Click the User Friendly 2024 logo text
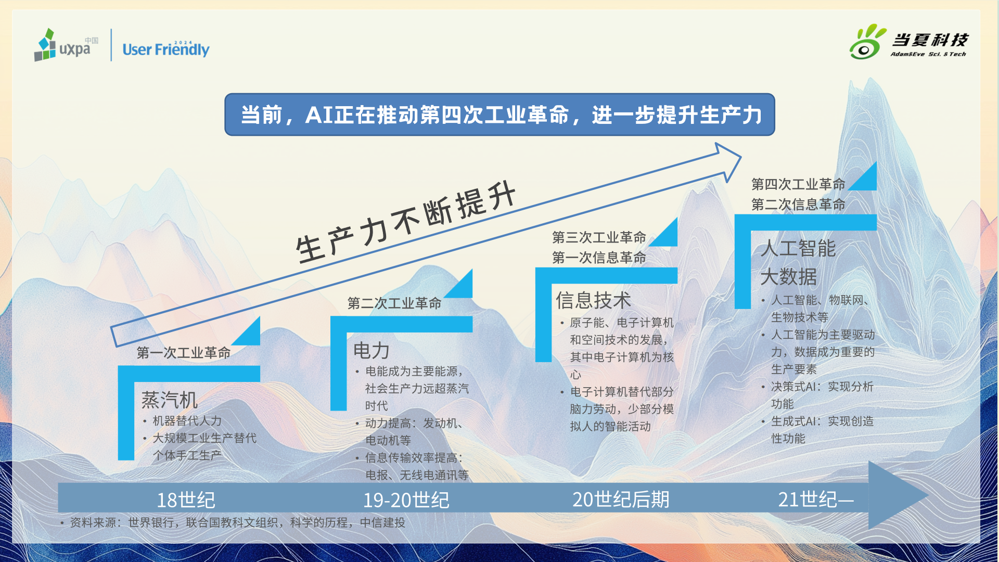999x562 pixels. pyautogui.click(x=166, y=48)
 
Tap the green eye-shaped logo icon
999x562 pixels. pyautogui.click(x=867, y=42)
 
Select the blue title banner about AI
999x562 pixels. pyautogui.click(x=499, y=114)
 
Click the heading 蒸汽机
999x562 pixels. pyautogui.click(x=170, y=400)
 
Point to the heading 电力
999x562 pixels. pyautogui.click(x=372, y=351)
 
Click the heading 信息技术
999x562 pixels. pyautogui.click(x=593, y=300)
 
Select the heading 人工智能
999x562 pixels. pyautogui.click(x=798, y=248)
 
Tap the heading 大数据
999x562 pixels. pyautogui.click(x=789, y=276)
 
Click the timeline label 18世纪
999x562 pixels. pyautogui.click(x=186, y=500)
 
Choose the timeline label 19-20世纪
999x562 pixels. pyautogui.click(x=406, y=500)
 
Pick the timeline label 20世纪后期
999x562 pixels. pyautogui.click(x=621, y=500)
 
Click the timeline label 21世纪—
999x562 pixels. pyautogui.click(x=816, y=500)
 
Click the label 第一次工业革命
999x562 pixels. pyautogui.click(x=184, y=353)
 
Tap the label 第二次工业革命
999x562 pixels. pyautogui.click(x=394, y=303)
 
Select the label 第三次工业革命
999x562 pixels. pyautogui.click(x=599, y=238)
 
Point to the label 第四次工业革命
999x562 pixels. pyautogui.click(x=798, y=184)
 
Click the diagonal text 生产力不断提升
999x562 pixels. pyautogui.click(x=406, y=223)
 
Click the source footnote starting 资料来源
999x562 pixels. pyautogui.click(x=233, y=522)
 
